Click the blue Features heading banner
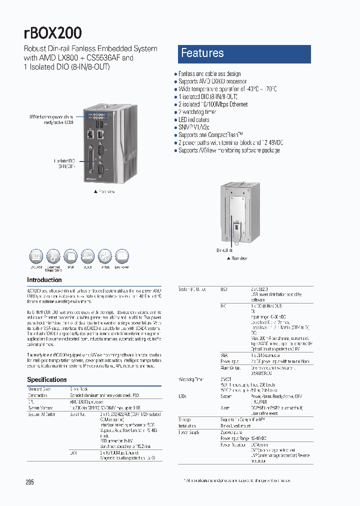pos(244,53)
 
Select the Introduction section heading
pos(44,280)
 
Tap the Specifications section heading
pos(46,379)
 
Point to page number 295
pos(29,482)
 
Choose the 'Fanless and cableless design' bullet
pos(209,73)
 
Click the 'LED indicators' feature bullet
pos(194,120)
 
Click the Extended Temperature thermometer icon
pos(53,257)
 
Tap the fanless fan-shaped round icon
pos(105,257)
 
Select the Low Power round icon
pos(122,257)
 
